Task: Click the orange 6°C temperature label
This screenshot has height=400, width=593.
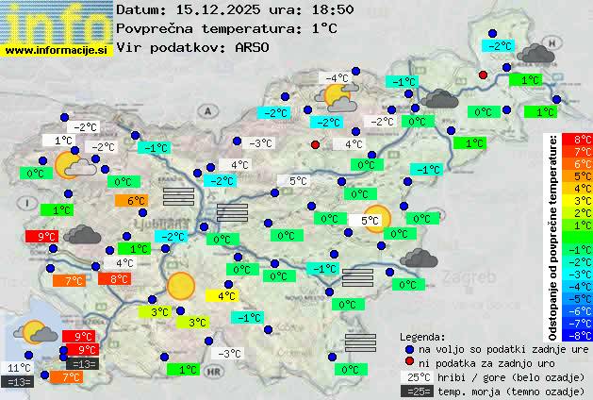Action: tap(131, 201)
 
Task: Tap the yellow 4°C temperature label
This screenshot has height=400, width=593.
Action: tap(221, 295)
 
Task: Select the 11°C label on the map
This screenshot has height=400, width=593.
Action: tap(19, 368)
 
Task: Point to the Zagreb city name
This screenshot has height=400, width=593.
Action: tap(473, 278)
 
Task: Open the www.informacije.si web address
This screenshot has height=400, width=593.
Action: tap(57, 49)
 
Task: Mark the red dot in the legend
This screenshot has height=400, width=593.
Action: tap(409, 362)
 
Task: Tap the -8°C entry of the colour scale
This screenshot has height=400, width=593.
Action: tap(577, 334)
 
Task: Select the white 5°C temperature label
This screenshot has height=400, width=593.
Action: tap(298, 181)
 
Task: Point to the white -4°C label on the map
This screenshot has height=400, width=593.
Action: tap(337, 77)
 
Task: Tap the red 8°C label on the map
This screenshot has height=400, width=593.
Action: tap(119, 279)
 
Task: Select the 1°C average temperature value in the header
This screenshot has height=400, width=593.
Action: tap(323, 28)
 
